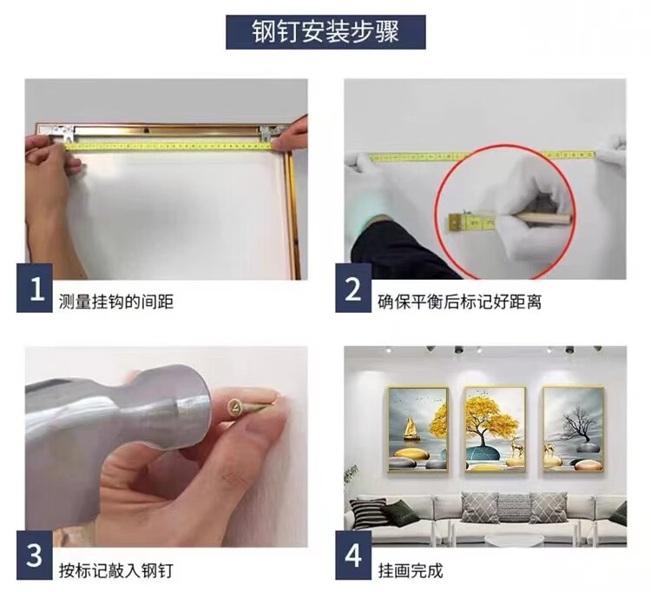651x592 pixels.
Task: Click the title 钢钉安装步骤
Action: pos(325,32)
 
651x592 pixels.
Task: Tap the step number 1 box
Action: pos(35,288)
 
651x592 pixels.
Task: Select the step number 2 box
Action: pos(353,288)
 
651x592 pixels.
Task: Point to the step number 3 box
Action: pos(35,555)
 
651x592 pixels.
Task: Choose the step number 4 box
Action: pos(353,555)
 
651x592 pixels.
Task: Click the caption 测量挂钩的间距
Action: pos(115,302)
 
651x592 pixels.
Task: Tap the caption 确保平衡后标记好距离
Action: pos(459,302)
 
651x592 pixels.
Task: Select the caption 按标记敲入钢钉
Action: pos(115,570)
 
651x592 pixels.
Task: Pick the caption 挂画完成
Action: pos(411,570)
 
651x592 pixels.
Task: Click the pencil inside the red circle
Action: pos(536,218)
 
